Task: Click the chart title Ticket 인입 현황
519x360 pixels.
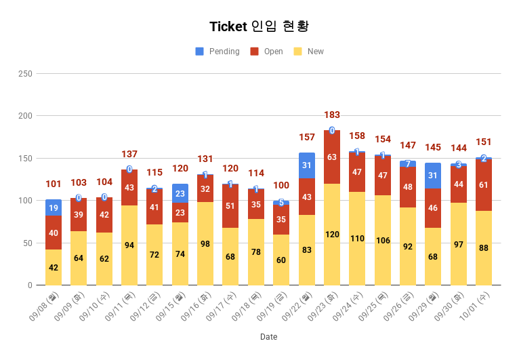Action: [259, 26]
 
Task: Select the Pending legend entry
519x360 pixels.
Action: [217, 52]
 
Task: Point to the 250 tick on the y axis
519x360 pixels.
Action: [24, 73]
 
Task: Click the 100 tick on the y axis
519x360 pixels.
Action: [24, 201]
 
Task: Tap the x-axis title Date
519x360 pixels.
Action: [268, 336]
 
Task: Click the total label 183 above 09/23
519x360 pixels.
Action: [332, 115]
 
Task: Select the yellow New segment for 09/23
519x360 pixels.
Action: [332, 234]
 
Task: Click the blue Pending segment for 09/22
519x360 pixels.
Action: [307, 165]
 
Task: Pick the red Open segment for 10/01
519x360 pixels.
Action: [484, 185]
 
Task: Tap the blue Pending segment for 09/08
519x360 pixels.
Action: [54, 207]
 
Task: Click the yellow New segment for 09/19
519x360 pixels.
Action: [281, 260]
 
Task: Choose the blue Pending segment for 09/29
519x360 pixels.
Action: [433, 176]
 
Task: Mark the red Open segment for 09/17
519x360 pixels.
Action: [230, 206]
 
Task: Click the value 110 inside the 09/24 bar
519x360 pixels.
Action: [357, 239]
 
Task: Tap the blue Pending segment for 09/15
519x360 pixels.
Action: [180, 193]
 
